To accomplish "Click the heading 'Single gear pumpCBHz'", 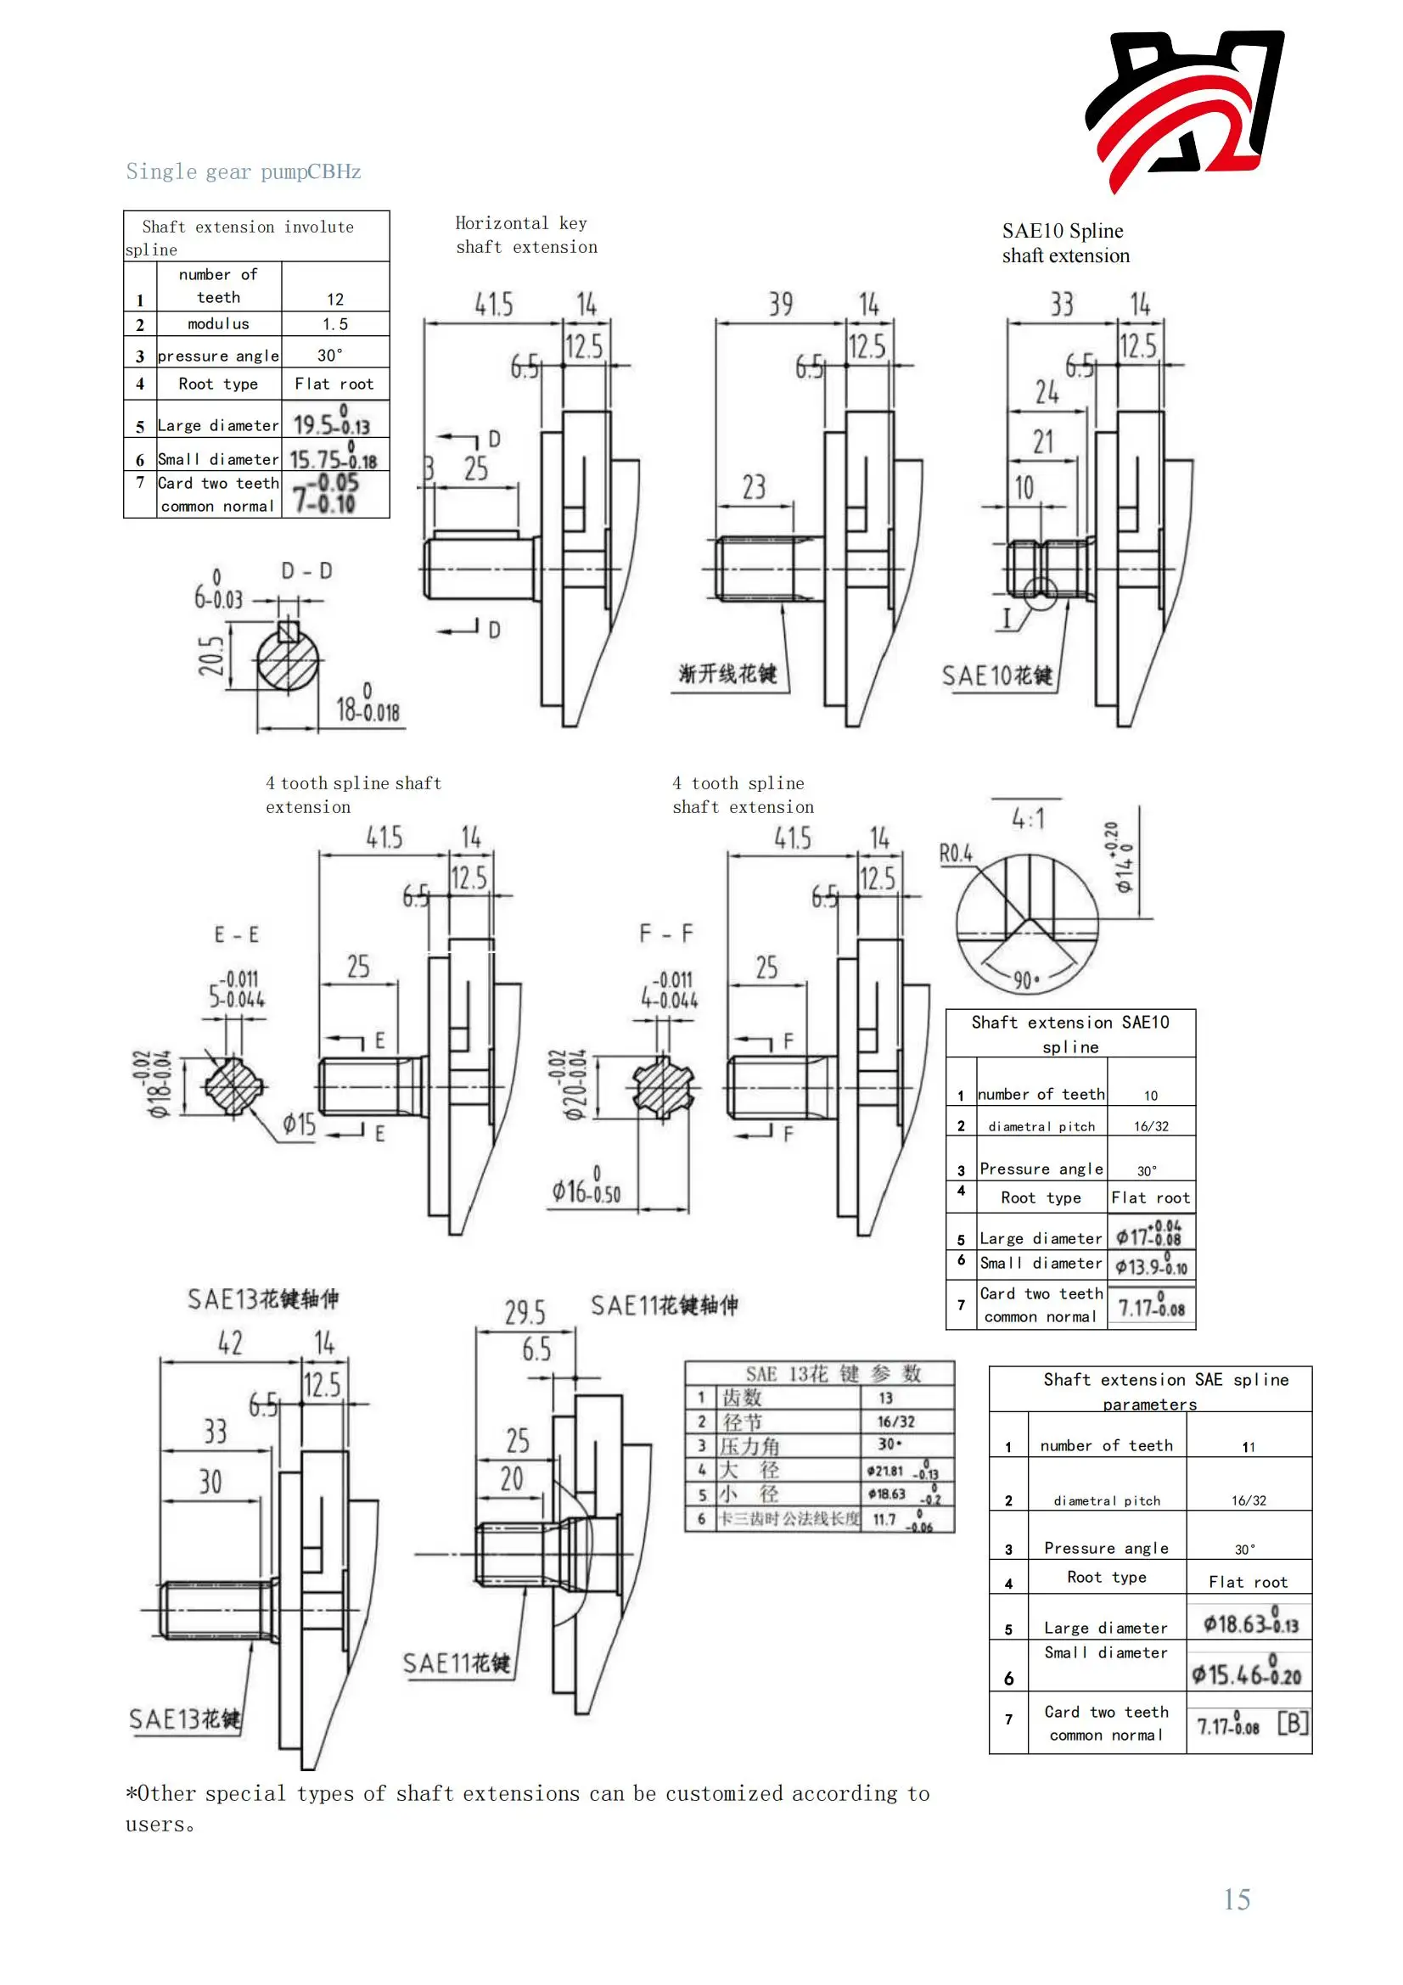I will (x=243, y=171).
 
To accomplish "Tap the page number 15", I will (x=1236, y=1898).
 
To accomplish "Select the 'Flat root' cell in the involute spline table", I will (x=334, y=384).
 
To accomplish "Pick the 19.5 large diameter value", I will (x=330, y=423).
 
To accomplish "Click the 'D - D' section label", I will (x=306, y=570).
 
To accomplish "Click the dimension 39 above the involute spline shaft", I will (x=780, y=305).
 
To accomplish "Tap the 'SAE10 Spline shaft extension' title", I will (x=1065, y=243).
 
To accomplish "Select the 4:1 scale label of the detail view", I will (x=1028, y=818).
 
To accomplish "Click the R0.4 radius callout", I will (x=955, y=853).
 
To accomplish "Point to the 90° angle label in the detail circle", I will (x=1026, y=980).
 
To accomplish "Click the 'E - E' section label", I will (x=236, y=934).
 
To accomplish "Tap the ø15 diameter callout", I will (x=299, y=1124).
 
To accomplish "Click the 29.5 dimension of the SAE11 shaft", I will (x=525, y=1313).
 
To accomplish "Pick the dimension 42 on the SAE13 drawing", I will (x=230, y=1343).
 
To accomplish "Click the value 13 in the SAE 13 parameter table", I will (x=885, y=1398).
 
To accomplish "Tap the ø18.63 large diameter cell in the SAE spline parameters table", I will (x=1250, y=1623).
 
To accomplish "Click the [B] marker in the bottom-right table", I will (x=1293, y=1723).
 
